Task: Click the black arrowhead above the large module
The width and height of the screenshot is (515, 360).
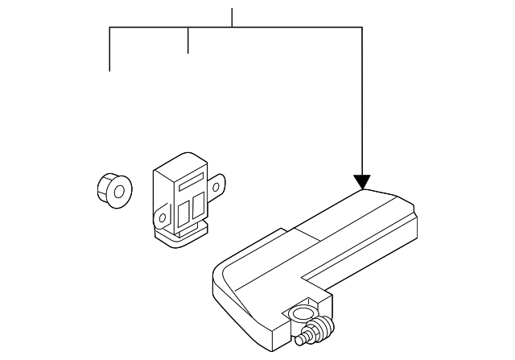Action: (x=362, y=181)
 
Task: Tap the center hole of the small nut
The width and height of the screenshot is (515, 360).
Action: (x=117, y=192)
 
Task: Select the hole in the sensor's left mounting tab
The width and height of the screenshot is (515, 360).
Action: (x=162, y=217)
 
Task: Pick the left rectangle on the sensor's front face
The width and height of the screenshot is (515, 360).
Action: (x=183, y=212)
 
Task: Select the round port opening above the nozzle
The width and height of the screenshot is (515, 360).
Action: (x=304, y=312)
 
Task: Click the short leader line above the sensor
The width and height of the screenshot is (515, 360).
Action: (x=187, y=40)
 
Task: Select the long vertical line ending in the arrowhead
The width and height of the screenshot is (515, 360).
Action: (x=362, y=97)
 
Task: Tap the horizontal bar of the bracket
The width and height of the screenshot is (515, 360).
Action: (x=241, y=28)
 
